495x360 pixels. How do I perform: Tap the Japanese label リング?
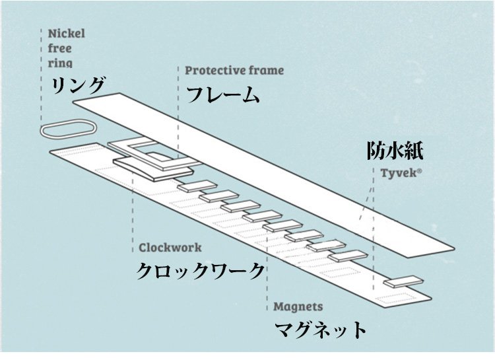[79, 86]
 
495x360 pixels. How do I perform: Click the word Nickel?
[67, 33]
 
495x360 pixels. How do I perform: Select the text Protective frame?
[234, 70]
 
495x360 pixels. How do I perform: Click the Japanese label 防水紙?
[394, 152]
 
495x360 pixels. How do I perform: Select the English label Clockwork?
[170, 248]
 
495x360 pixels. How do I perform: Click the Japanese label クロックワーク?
[201, 271]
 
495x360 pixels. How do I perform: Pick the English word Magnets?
[298, 306]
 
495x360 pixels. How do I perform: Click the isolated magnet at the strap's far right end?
[404, 281]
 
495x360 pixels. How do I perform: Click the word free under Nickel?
[59, 48]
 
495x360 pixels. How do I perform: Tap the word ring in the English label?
[60, 63]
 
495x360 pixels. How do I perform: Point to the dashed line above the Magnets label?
[267, 277]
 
